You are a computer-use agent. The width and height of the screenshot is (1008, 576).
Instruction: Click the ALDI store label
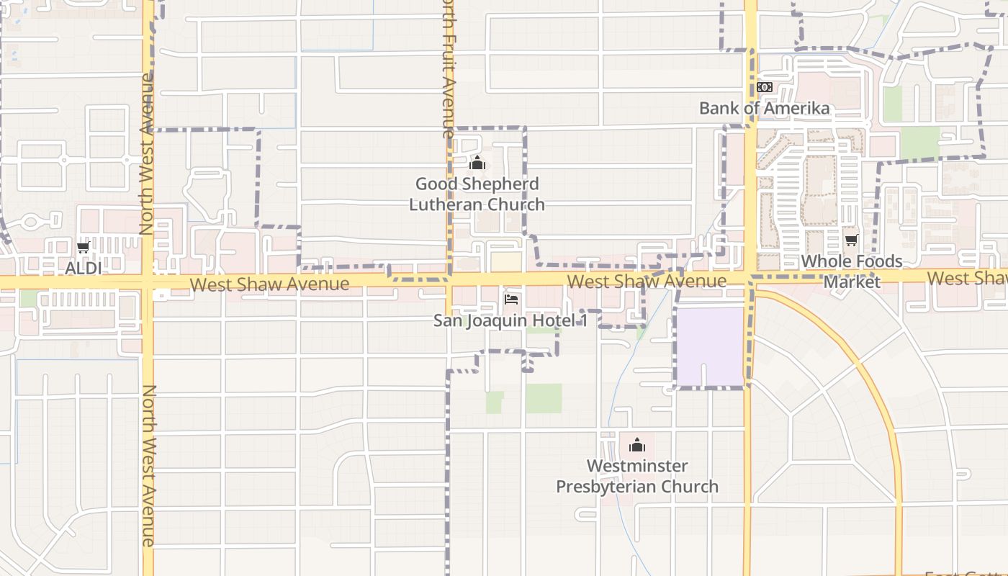(84, 268)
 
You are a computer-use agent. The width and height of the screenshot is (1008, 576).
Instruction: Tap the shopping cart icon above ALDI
(84, 248)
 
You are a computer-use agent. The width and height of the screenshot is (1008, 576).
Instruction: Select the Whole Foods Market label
(852, 271)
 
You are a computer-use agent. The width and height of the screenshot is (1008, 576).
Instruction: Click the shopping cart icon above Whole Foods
(852, 240)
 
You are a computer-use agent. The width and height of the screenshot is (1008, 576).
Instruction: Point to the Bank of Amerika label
(765, 108)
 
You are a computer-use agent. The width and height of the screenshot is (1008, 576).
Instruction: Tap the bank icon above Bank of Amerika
(765, 87)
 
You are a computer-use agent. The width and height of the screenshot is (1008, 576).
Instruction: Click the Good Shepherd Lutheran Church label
(477, 194)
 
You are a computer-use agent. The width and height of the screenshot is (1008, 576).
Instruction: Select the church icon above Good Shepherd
(477, 163)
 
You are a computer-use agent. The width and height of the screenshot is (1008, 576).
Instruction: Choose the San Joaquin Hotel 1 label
(510, 320)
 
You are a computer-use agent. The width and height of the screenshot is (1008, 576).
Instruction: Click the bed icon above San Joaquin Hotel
(511, 299)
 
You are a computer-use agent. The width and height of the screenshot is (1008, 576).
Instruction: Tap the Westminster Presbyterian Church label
(637, 476)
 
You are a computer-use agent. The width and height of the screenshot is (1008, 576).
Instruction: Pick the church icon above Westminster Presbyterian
(637, 445)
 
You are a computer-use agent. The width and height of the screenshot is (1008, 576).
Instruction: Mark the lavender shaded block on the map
(709, 347)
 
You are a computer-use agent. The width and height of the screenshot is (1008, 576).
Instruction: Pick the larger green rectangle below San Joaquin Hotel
(544, 398)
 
